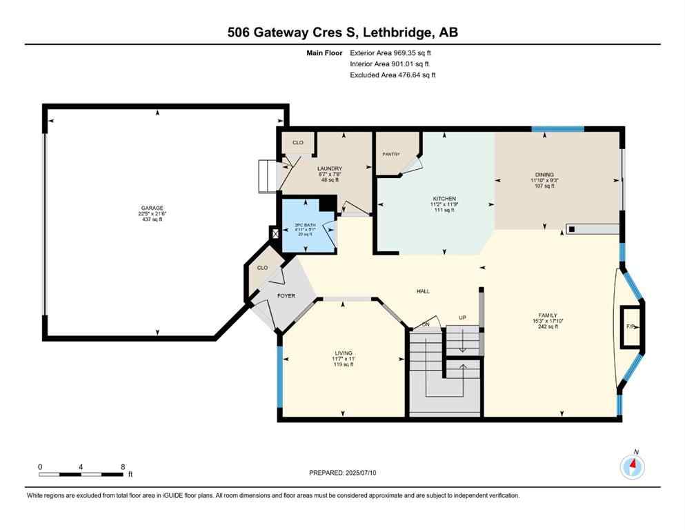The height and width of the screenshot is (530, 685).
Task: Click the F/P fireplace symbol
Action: (630, 326)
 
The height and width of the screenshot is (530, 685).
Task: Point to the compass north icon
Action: (632, 467)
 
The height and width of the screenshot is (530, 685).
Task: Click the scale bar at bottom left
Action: (81, 474)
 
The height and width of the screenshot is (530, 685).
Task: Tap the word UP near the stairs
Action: (464, 318)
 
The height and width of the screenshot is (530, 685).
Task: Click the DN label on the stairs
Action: (426, 324)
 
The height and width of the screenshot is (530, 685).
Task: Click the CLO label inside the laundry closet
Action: (297, 143)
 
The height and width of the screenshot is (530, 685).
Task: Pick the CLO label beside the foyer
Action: (262, 268)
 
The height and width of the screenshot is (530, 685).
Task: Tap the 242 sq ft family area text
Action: (548, 327)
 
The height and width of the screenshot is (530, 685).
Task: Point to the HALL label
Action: (423, 291)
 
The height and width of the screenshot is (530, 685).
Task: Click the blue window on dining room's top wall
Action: (557, 129)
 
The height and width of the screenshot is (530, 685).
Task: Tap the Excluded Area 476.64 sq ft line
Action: (393, 75)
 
